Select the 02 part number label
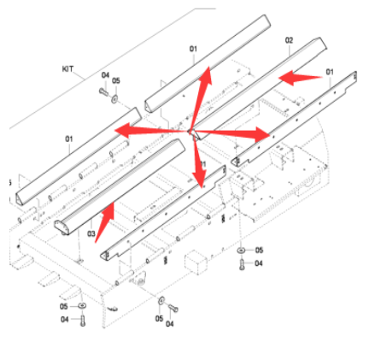(289, 40)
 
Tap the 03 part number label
(91, 231)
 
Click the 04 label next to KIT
(105, 75)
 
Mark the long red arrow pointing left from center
(149, 131)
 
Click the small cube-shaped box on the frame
(199, 260)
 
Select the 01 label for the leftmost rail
(68, 137)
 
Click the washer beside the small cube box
(242, 250)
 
